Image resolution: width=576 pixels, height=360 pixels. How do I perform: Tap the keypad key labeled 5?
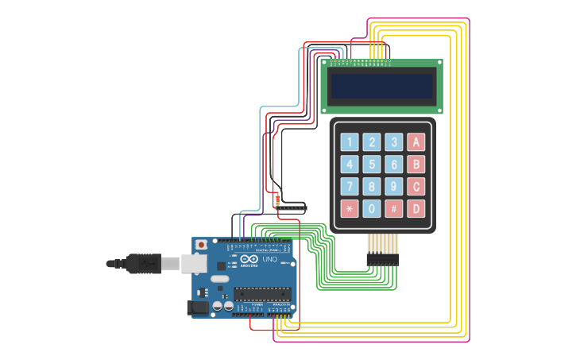(372, 165)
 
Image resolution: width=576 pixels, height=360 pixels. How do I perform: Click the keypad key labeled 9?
(394, 187)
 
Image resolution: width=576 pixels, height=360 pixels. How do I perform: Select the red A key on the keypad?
(416, 142)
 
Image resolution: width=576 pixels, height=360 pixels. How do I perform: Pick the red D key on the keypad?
(416, 209)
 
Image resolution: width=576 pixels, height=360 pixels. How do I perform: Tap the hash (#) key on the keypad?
(394, 209)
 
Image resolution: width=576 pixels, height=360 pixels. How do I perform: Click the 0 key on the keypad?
(372, 209)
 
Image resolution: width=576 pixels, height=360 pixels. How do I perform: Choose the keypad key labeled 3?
(394, 142)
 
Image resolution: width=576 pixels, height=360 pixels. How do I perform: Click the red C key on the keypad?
(416, 187)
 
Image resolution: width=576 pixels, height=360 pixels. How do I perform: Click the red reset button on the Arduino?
(202, 244)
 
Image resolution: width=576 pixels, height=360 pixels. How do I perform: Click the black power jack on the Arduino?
(197, 307)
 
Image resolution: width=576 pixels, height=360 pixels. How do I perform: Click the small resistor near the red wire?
(277, 199)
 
